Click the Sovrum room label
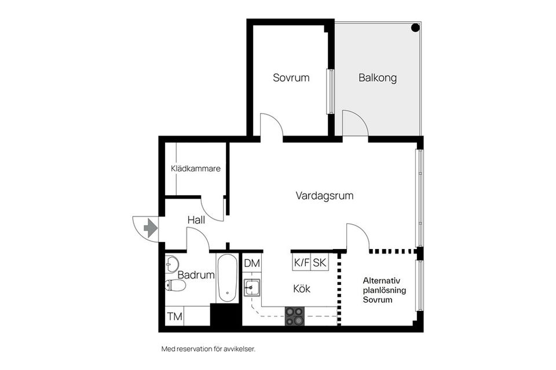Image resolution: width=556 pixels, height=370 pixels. [291, 78]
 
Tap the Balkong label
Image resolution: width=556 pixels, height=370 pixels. [377, 78]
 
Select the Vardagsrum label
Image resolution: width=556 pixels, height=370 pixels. [324, 196]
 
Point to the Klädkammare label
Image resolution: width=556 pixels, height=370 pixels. [195, 169]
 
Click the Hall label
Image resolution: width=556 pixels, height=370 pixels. [196, 220]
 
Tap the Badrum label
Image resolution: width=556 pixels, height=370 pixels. [196, 275]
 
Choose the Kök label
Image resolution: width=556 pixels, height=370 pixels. [302, 288]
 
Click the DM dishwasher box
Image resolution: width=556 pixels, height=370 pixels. [252, 263]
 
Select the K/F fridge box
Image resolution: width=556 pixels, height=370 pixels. [302, 262]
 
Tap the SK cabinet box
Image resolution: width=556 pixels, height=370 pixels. [320, 262]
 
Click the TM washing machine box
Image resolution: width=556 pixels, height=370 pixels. [174, 317]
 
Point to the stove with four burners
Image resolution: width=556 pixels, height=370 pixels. [294, 316]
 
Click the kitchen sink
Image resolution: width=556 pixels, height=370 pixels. [251, 287]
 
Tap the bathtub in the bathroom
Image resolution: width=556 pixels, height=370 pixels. [227, 278]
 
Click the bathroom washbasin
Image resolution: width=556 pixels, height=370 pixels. [171, 265]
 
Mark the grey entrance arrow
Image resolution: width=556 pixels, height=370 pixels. [151, 228]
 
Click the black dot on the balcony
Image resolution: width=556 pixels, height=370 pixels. [415, 28]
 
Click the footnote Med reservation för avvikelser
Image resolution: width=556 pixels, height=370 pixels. [208, 349]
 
